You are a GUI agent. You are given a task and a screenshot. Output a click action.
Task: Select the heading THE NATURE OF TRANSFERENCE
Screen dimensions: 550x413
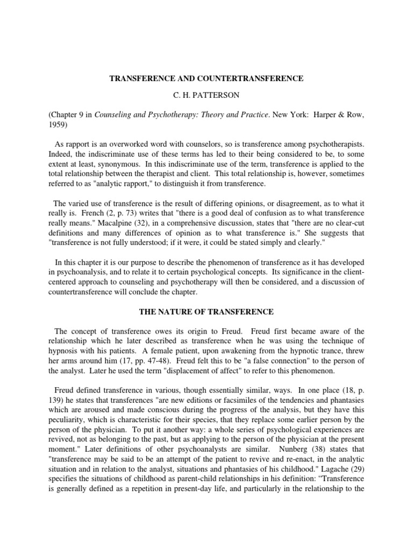(x=206, y=312)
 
